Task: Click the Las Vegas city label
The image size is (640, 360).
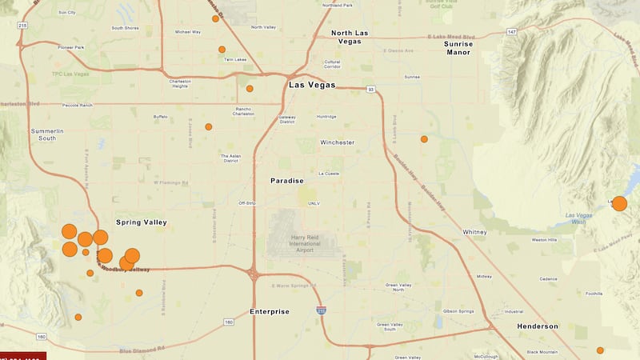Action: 312,86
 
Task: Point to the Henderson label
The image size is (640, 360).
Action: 538,326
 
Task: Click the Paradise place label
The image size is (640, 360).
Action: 287,181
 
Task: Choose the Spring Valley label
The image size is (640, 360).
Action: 141,222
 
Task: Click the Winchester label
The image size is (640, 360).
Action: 337,142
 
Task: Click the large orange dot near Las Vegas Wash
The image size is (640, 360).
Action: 619,203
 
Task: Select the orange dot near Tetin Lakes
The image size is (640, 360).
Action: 222,50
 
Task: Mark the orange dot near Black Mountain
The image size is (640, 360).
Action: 600,350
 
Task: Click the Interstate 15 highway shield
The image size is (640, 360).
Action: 320,310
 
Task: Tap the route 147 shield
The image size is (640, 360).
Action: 512,31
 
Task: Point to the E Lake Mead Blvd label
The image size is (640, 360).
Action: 451,37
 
